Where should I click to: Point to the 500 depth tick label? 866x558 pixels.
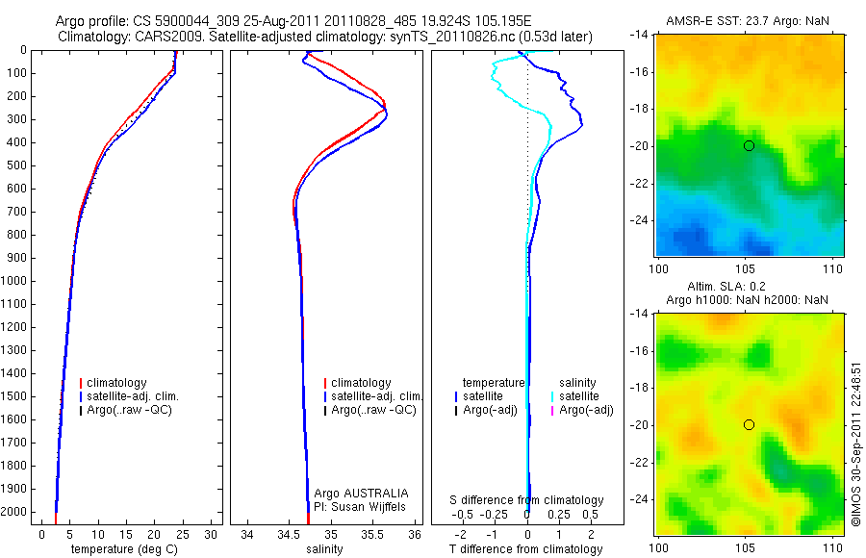coord(16,165)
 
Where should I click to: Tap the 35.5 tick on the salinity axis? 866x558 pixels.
coord(373,534)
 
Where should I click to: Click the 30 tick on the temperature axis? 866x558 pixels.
coord(212,534)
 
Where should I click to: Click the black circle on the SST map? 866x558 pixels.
coord(749,145)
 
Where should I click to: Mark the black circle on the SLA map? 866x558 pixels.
coord(749,424)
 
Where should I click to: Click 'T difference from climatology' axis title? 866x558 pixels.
coord(525,549)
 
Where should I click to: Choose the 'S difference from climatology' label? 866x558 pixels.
coord(527,500)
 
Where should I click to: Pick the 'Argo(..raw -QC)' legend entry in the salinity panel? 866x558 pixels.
coord(372,410)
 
